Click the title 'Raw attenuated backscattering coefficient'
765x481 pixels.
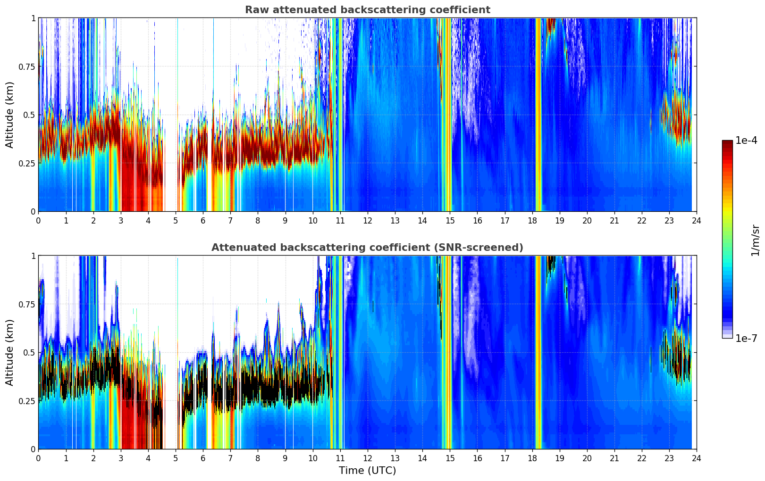point(367,10)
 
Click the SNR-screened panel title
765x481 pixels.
point(367,248)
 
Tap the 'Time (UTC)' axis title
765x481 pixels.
point(367,471)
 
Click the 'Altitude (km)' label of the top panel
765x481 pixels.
point(10,115)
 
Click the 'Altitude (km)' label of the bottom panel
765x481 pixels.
point(10,352)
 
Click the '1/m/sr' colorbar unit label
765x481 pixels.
point(755,240)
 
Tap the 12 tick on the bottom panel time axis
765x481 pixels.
point(367,458)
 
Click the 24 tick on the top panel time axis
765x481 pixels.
point(696,220)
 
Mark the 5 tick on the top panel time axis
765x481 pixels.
point(176,220)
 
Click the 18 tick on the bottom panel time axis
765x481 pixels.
point(532,458)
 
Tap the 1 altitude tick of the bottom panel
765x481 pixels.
point(33,256)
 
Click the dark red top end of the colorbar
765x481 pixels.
point(727,143)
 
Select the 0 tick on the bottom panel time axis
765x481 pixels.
point(38,458)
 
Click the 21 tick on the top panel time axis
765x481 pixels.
point(614,220)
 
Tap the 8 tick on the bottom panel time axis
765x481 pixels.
point(258,458)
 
